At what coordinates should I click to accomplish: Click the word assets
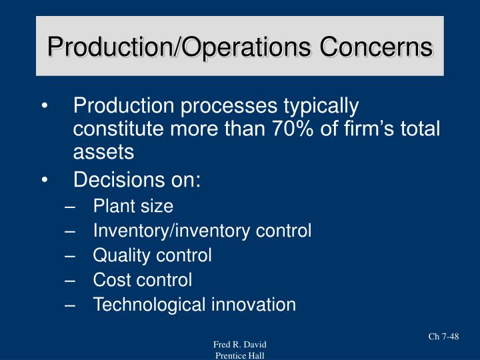point(103,153)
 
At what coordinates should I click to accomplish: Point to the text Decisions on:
point(137,180)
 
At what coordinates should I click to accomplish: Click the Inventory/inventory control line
point(202,231)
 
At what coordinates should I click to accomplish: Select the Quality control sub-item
point(152,255)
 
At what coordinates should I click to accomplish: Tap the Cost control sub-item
point(142,280)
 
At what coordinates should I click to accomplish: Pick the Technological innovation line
point(194,305)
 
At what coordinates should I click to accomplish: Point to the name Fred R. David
point(239,344)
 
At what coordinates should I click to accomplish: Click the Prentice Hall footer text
point(239,355)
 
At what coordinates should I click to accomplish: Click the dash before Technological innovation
point(69,305)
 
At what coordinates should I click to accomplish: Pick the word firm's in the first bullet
point(376,129)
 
